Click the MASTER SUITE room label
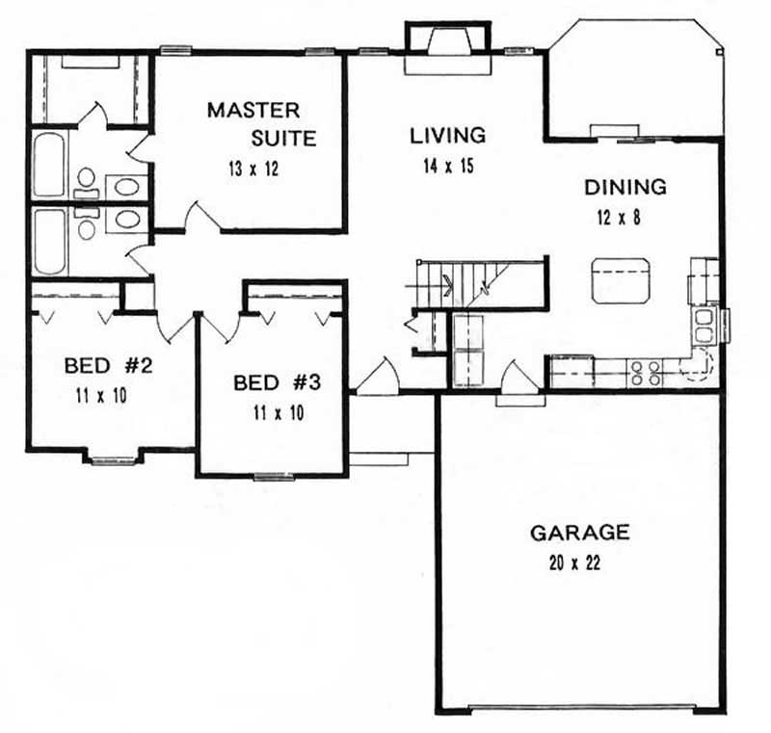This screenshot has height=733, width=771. [260, 123]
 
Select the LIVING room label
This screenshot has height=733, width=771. [447, 135]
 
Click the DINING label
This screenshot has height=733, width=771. [625, 187]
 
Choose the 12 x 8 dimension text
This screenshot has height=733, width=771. [617, 218]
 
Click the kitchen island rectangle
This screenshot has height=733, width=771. [617, 279]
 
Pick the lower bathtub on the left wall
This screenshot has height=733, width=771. [49, 241]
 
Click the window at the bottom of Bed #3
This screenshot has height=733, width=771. [274, 475]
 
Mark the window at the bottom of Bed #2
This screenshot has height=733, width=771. [114, 458]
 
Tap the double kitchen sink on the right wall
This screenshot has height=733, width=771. [705, 325]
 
